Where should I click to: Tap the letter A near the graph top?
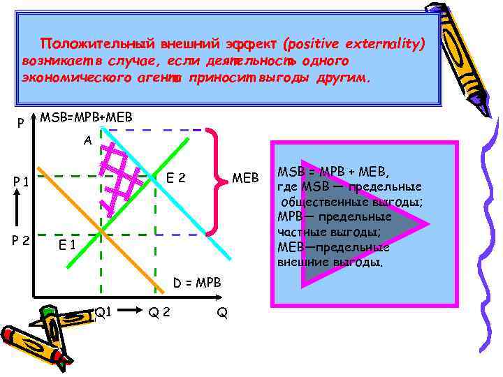pyautogui.click(x=87, y=140)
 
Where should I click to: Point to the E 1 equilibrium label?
pyautogui.click(x=67, y=244)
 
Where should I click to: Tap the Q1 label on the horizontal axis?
pyautogui.click(x=103, y=312)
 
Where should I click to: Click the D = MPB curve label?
pyautogui.click(x=198, y=283)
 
